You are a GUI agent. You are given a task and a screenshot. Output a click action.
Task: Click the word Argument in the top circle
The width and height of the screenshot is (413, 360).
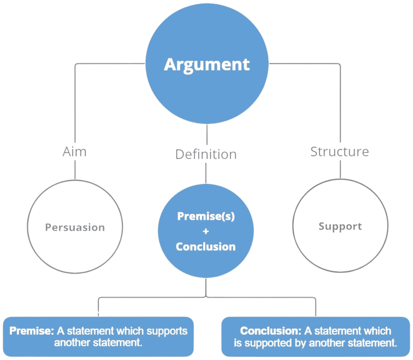coord(207,64)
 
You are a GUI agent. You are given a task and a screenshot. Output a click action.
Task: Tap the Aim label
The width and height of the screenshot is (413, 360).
coord(74,152)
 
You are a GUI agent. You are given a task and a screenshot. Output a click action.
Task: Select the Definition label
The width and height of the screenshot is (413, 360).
coord(206,154)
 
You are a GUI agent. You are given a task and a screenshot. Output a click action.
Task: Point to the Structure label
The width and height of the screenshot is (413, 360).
coord(339,152)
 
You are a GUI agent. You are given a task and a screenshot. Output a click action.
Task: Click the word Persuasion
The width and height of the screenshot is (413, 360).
coord(74,227)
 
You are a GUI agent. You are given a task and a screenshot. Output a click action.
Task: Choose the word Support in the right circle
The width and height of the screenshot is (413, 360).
coord(339,226)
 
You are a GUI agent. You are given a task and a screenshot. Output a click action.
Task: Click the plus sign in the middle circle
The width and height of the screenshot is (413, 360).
coord(206,232)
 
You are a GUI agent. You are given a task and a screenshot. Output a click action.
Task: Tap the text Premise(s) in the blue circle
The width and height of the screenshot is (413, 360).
coord(206,216)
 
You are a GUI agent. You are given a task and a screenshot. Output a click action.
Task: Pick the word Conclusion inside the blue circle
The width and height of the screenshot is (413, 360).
coord(206,247)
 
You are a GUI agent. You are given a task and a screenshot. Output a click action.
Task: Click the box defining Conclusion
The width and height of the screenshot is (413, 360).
coord(316,336)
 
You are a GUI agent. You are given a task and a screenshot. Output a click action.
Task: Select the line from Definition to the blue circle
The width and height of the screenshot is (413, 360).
coord(207,173)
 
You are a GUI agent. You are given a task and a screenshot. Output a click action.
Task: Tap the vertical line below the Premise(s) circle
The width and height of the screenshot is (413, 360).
coord(207,287)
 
